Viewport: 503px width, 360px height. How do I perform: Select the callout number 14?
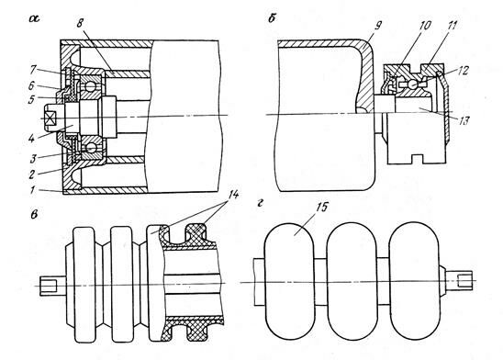pyautogui.click(x=234, y=195)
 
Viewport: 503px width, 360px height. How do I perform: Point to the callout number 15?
pyautogui.click(x=321, y=207)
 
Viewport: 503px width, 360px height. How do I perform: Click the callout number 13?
pyautogui.click(x=464, y=121)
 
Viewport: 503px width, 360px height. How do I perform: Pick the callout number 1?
pyautogui.click(x=32, y=189)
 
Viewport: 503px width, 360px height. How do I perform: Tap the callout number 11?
pyautogui.click(x=452, y=26)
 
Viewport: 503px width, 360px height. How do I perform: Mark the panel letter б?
pyautogui.click(x=272, y=18)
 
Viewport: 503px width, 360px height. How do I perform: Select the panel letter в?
pyautogui.click(x=34, y=214)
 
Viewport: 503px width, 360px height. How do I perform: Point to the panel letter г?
pyautogui.click(x=260, y=203)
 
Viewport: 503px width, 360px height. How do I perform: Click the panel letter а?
pyautogui.click(x=34, y=19)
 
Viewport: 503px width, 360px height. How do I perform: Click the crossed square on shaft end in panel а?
pyautogui.click(x=50, y=119)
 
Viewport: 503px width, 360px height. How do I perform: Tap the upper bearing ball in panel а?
pyautogui.click(x=91, y=86)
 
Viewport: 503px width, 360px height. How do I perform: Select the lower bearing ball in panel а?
pyautogui.click(x=91, y=148)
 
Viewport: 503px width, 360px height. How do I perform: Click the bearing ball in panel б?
pyautogui.click(x=413, y=84)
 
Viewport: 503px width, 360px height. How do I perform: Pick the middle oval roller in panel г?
pyautogui.click(x=351, y=281)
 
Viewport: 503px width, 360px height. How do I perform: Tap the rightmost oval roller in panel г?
pyautogui.click(x=414, y=281)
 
